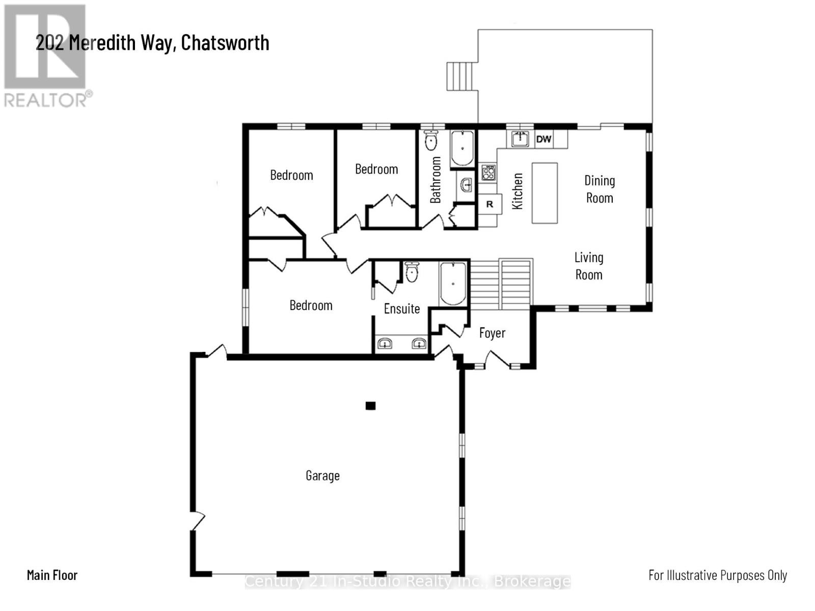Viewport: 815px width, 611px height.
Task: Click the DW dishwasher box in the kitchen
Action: coord(544,139)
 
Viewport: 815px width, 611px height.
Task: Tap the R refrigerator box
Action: coord(490,204)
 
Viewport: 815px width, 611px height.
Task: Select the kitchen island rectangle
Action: coord(545,193)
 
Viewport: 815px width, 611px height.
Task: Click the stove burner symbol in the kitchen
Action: coord(488,172)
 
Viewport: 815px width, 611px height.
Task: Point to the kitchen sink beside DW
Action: coord(520,138)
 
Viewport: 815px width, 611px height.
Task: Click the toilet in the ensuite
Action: coord(412,272)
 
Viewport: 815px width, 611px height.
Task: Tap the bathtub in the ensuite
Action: coord(453,284)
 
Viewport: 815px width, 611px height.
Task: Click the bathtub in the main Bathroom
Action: coord(463,148)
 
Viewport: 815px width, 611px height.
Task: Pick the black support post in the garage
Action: coord(370,406)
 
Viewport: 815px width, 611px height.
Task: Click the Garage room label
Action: coord(322,476)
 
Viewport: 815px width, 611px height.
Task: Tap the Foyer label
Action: coord(492,333)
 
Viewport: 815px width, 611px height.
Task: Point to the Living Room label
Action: coord(589,266)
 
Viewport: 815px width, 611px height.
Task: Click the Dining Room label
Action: coord(600,189)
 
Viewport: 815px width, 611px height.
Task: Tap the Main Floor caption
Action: coord(52,575)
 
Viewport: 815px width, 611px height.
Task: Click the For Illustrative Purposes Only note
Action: coord(717,575)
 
